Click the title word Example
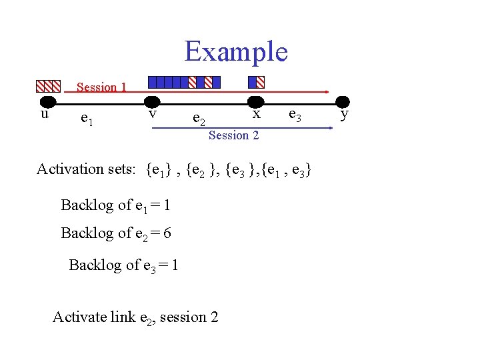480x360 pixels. coord(236,51)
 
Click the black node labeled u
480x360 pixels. coord(47,102)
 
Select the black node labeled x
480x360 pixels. coord(255,102)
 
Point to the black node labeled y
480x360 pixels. coord(342,102)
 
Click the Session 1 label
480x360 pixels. coord(101,87)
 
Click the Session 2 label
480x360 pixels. coord(233,135)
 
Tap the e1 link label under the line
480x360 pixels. coord(87,119)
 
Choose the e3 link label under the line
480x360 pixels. coord(295,117)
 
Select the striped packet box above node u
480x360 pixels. coord(48,86)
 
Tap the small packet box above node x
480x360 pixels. coord(256,82)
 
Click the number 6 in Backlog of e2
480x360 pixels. coord(167,233)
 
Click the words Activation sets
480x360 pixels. coord(88,169)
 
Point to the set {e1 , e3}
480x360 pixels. coord(286,170)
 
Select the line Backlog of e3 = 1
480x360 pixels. coord(123,265)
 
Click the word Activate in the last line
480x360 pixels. coord(79,317)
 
